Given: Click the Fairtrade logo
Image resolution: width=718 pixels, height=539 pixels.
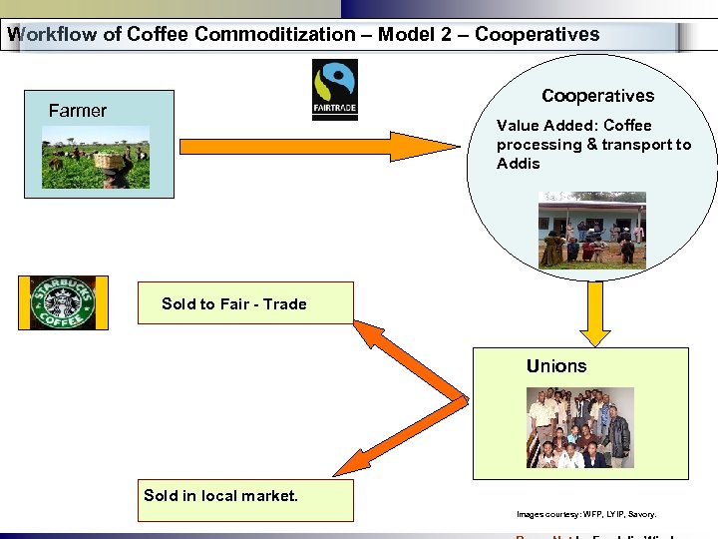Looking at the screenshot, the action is tap(334, 90).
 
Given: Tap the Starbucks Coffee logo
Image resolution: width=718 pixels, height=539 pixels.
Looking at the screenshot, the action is tap(57, 303).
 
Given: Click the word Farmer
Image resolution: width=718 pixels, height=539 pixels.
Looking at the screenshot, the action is tap(77, 111).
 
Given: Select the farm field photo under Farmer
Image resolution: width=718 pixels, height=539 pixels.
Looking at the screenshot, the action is tap(96, 158).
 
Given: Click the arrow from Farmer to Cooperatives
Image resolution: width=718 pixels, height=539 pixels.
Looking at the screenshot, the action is tap(319, 147).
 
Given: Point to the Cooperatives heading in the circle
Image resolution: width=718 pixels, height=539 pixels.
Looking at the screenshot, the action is tap(597, 96).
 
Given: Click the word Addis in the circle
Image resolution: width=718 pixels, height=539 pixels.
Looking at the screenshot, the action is tap(519, 164).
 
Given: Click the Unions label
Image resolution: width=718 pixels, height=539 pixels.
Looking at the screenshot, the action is tap(556, 366).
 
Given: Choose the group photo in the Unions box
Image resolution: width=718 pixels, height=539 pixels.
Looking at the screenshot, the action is tap(579, 427).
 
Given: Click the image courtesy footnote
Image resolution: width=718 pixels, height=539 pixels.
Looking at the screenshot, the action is tap(586, 514).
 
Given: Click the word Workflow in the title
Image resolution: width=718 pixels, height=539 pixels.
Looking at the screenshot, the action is tap(51, 35).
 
